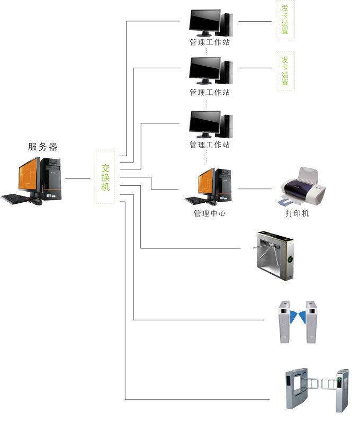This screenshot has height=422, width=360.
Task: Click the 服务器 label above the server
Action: tap(42, 147)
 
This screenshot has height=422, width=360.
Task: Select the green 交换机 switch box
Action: tap(105, 177)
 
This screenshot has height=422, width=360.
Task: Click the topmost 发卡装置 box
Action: tap(285, 20)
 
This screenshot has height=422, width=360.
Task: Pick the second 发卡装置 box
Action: tap(285, 71)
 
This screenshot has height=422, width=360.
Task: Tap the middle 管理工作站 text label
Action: tap(210, 93)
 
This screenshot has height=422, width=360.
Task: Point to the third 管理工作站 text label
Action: tap(210, 145)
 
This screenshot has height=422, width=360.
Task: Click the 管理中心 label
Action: tap(210, 214)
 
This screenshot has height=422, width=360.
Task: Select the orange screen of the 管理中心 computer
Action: tap(206, 184)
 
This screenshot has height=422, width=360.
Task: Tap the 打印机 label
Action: tap(297, 213)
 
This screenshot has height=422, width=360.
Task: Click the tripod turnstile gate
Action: tap(275, 254)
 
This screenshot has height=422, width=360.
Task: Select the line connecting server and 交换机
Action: tap(78, 179)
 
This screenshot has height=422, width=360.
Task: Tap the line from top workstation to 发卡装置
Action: tap(255, 22)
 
